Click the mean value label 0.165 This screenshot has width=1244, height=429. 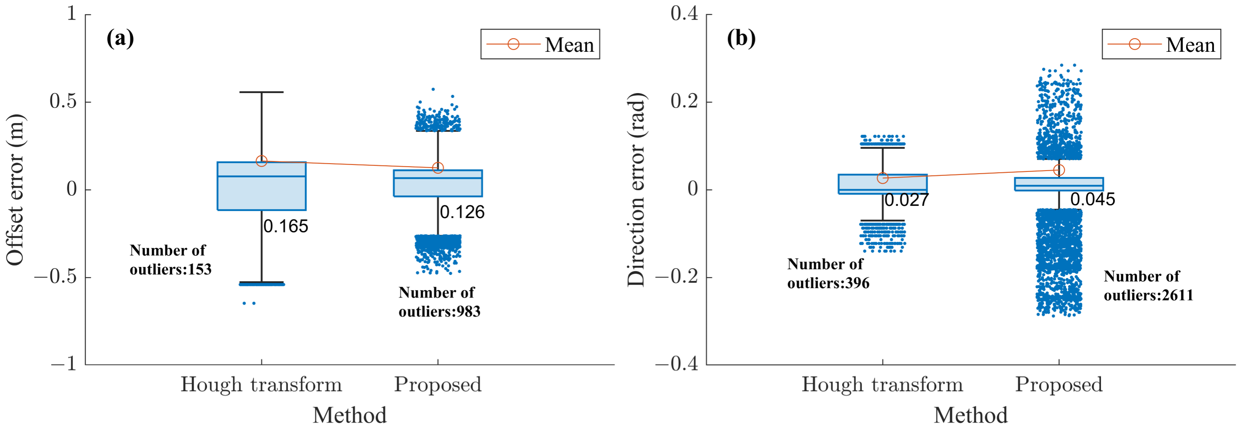pos(285,226)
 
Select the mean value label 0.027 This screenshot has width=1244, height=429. pos(906,200)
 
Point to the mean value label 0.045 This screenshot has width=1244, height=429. pos(1092,199)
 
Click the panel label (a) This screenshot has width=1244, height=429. pos(120,38)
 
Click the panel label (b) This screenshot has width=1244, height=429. pos(741,38)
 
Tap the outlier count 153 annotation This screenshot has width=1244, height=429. pos(171,260)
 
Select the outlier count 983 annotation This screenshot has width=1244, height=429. pos(439,302)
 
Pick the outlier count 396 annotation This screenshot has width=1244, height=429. pos(828,273)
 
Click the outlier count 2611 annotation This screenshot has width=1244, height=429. pos(1148,285)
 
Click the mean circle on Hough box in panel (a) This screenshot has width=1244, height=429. pos(261,161)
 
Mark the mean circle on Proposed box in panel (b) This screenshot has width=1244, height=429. pos(1059,170)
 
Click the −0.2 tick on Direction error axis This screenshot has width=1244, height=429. pos(676,277)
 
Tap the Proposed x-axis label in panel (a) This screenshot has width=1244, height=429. pos(438,385)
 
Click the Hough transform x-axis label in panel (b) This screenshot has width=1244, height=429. pos(882,385)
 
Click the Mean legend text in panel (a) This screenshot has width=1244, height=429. pos(569,45)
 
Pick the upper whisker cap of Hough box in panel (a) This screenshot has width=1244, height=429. pos(261,92)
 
